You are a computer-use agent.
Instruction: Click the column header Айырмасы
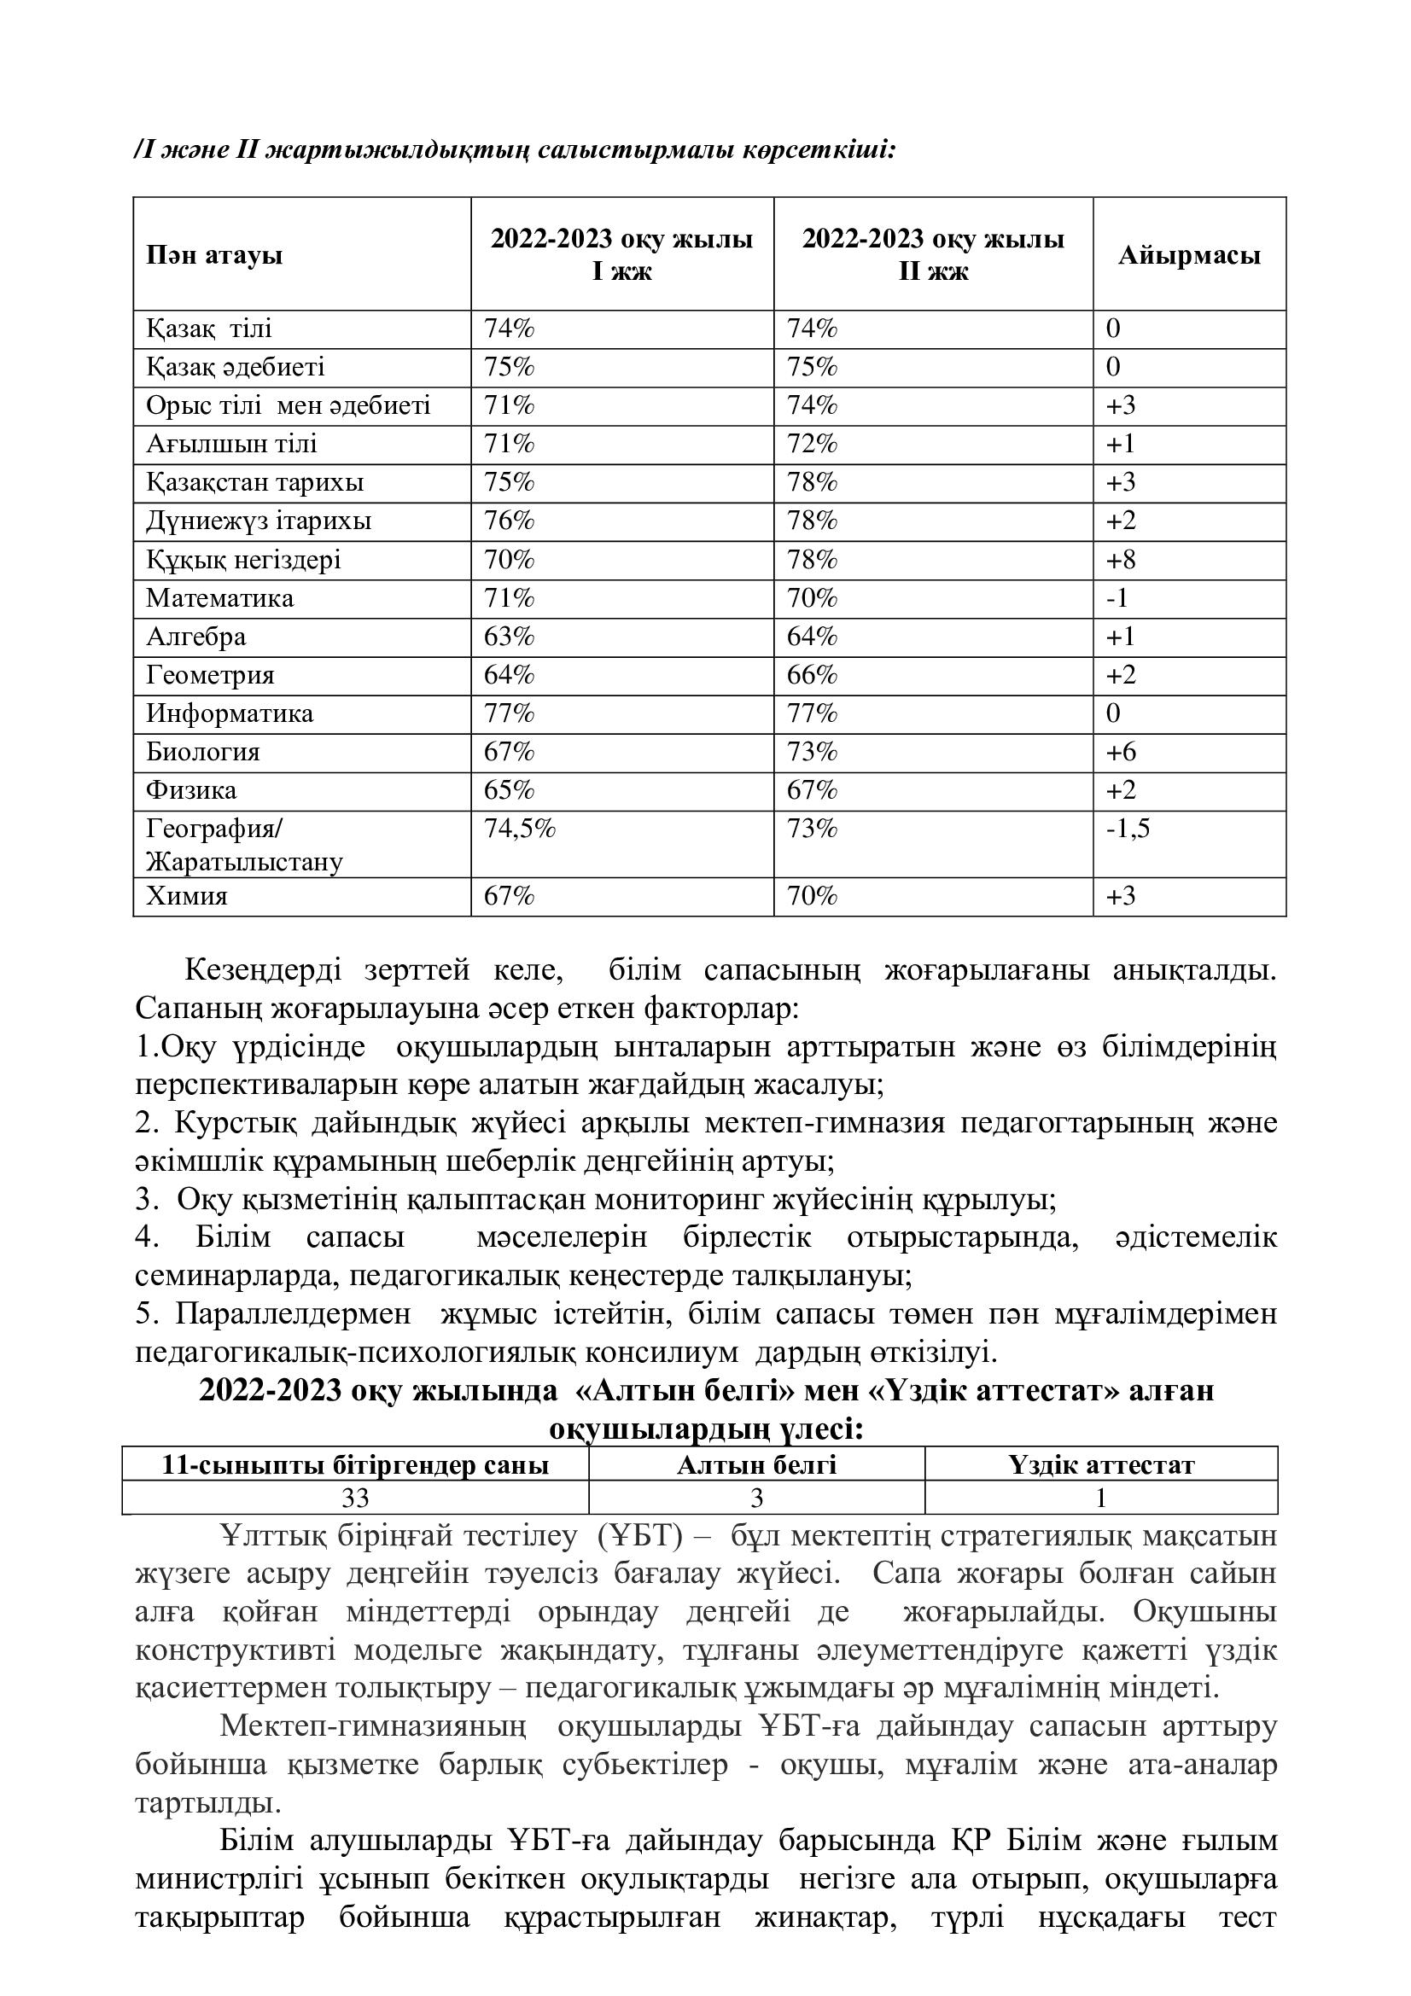pyautogui.click(x=1188, y=256)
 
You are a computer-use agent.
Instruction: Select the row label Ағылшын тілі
pyautogui.click(x=231, y=445)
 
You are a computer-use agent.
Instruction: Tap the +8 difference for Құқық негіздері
pyautogui.click(x=1121, y=560)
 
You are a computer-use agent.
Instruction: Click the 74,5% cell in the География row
pyautogui.click(x=519, y=829)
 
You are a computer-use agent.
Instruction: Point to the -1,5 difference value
pyautogui.click(x=1128, y=829)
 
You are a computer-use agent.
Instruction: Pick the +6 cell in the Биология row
pyautogui.click(x=1121, y=752)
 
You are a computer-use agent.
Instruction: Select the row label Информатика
pyautogui.click(x=230, y=713)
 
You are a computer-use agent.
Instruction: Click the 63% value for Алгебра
pyautogui.click(x=509, y=637)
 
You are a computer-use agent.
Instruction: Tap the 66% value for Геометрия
pyautogui.click(x=812, y=676)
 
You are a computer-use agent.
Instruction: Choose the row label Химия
pyautogui.click(x=186, y=896)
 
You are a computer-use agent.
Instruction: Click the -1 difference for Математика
pyautogui.click(x=1117, y=598)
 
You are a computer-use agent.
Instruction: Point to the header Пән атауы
pyautogui.click(x=214, y=256)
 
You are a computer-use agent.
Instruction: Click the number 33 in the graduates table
pyautogui.click(x=355, y=1498)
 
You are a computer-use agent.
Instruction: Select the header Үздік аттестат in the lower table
pyautogui.click(x=1100, y=1466)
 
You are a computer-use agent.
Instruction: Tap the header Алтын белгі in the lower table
pyautogui.click(x=756, y=1466)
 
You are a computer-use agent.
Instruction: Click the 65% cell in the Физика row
pyautogui.click(x=509, y=790)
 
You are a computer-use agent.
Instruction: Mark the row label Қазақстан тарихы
pyautogui.click(x=254, y=482)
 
